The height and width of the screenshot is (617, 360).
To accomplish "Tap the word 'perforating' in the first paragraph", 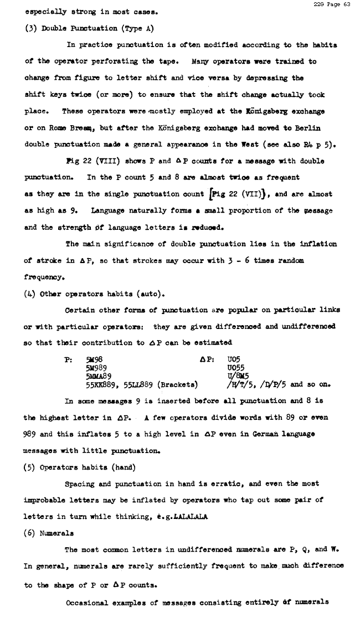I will [121, 61].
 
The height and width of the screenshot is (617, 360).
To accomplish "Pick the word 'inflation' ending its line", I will [318, 244].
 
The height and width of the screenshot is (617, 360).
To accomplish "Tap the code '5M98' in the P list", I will [94, 359].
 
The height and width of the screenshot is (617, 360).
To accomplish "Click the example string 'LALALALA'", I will [190, 517].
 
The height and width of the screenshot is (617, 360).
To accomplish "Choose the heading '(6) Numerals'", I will [49, 533].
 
